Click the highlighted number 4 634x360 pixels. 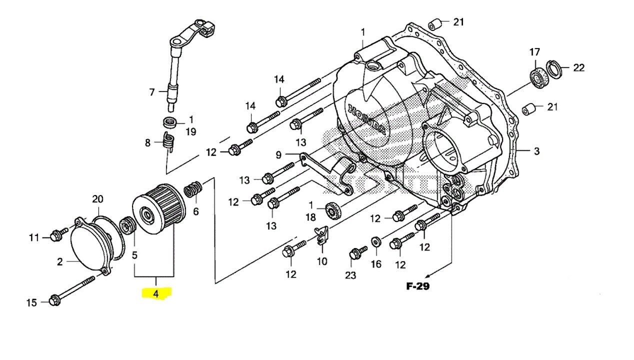[156, 293]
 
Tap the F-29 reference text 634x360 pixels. [417, 286]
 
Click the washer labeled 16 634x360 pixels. [375, 242]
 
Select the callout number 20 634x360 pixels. [97, 199]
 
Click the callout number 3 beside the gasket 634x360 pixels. [536, 151]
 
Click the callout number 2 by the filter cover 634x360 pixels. [60, 261]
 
